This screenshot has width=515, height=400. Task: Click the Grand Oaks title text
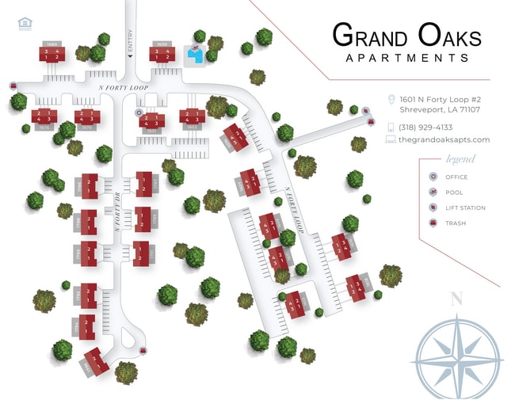tap(406, 36)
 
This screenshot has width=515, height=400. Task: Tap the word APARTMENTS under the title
tap(406, 58)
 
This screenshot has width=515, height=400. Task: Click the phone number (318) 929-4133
tap(425, 127)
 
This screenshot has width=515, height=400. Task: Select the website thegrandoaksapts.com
tap(444, 139)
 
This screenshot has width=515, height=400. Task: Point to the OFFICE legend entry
tap(456, 177)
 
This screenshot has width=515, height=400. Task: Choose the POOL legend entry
tap(453, 192)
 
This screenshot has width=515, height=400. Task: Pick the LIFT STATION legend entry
tap(465, 208)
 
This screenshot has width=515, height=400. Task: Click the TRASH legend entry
tap(456, 223)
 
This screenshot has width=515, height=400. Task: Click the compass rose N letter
tap(456, 299)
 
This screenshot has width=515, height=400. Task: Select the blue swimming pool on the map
tap(194, 54)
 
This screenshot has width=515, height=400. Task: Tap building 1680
tap(51, 54)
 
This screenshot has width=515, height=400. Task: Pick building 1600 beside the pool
tap(162, 54)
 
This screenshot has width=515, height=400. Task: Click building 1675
tap(44, 117)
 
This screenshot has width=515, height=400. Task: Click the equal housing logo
tap(25, 24)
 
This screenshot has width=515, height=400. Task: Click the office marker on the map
tap(139, 113)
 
